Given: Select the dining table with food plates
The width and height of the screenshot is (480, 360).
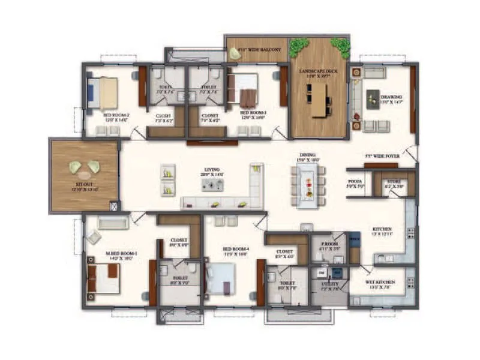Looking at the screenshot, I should [308, 185].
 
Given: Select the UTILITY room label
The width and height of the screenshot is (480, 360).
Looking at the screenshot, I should [329, 284].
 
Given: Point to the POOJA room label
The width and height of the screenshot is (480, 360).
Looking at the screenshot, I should [355, 184].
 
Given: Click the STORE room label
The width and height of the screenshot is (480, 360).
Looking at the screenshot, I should [394, 182].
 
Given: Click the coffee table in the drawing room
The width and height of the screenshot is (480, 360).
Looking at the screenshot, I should [373, 97].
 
